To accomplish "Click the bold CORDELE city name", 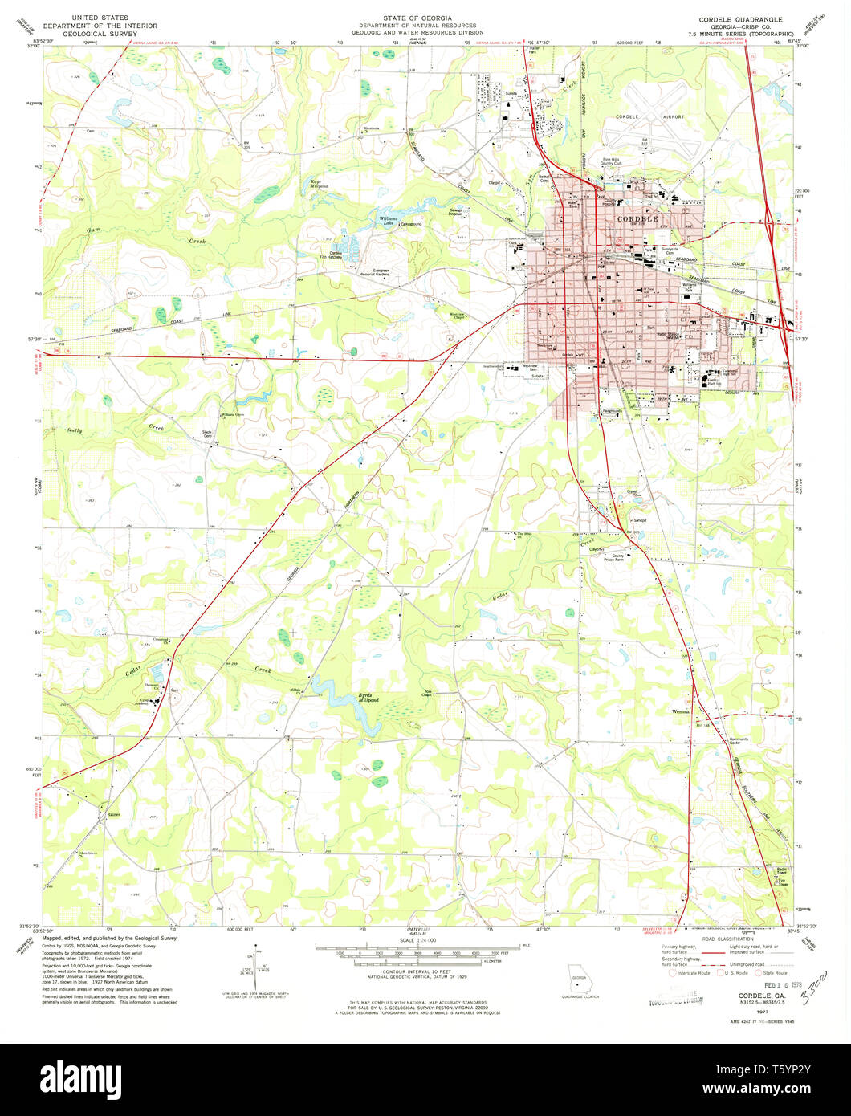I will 637,218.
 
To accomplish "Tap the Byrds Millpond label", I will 368,699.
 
